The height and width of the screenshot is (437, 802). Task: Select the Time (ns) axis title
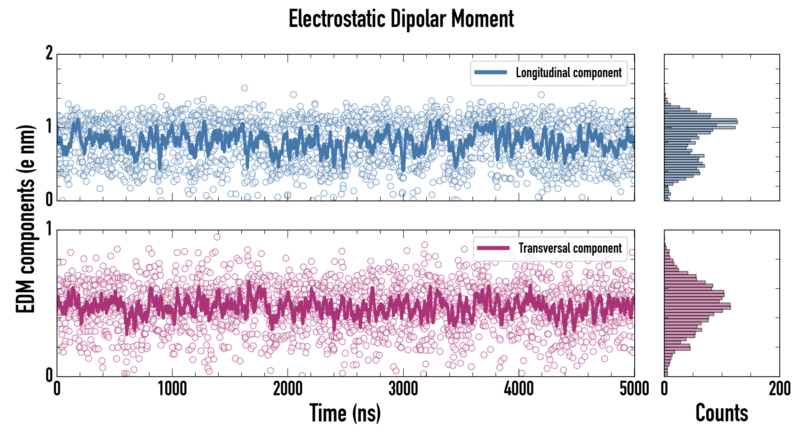[345, 413]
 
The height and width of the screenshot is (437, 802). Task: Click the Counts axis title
[722, 413]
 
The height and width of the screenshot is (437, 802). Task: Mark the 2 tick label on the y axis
[49, 53]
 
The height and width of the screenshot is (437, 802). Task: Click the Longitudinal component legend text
[568, 73]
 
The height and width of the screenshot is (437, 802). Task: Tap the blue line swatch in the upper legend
[491, 73]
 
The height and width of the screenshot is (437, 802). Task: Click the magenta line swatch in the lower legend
[493, 248]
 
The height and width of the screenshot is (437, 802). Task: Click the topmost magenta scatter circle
[217, 237]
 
